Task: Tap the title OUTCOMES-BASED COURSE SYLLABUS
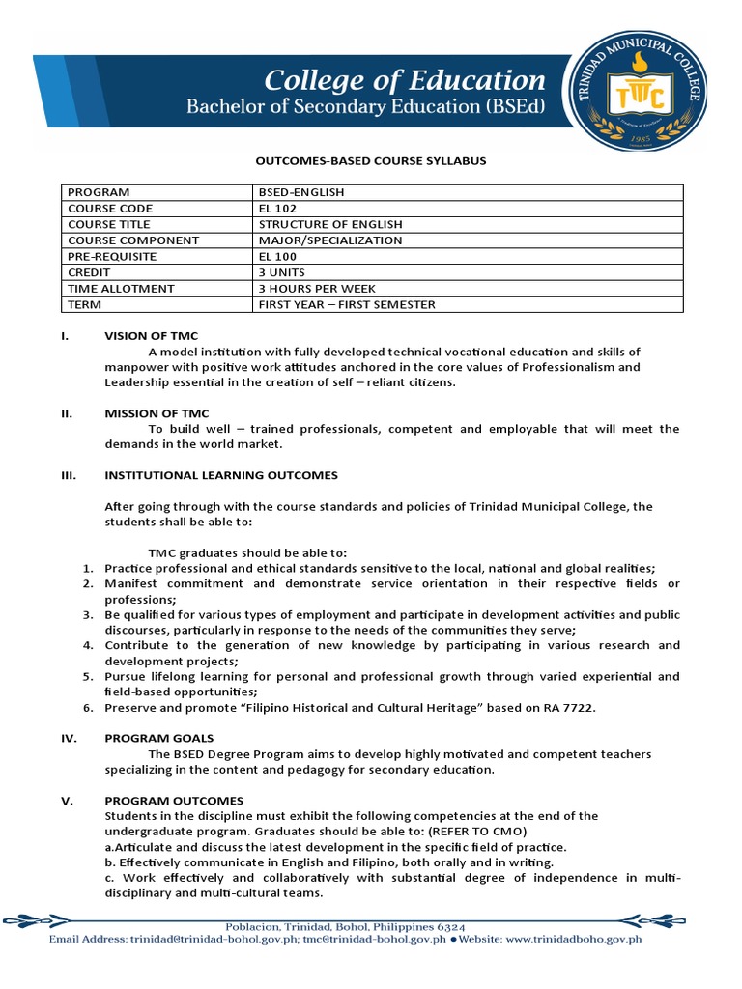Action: [x=371, y=161]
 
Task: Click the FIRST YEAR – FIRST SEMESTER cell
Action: [x=347, y=304]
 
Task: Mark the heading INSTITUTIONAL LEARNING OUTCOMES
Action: [x=221, y=475]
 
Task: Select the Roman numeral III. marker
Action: [x=69, y=475]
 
